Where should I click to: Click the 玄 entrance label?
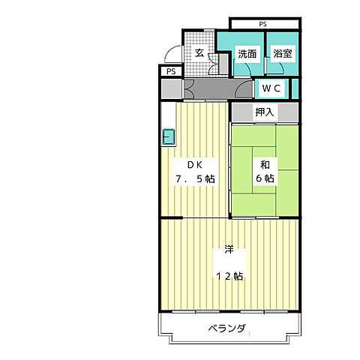tap(199, 52)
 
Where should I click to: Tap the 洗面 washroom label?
tap(247, 53)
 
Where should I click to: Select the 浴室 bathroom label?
tap(283, 53)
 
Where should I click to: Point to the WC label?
tap(271, 88)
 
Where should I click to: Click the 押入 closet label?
tap(264, 112)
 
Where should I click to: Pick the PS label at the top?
tap(262, 24)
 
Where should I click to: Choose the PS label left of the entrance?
tap(171, 71)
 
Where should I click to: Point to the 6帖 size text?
tap(265, 179)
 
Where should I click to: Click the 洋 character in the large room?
tap(228, 251)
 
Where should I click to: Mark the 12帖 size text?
tap(229, 276)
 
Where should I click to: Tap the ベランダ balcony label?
tap(227, 329)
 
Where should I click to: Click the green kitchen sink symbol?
tap(169, 137)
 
